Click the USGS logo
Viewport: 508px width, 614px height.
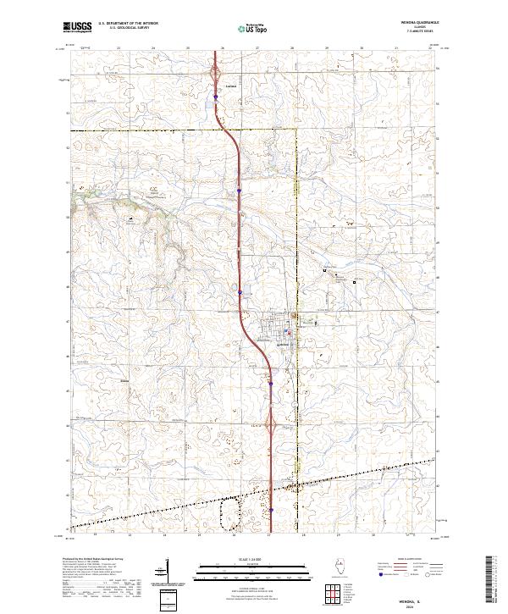tap(77, 27)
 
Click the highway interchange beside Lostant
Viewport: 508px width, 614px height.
tap(215, 75)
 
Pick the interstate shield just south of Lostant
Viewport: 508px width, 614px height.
tap(215, 97)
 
